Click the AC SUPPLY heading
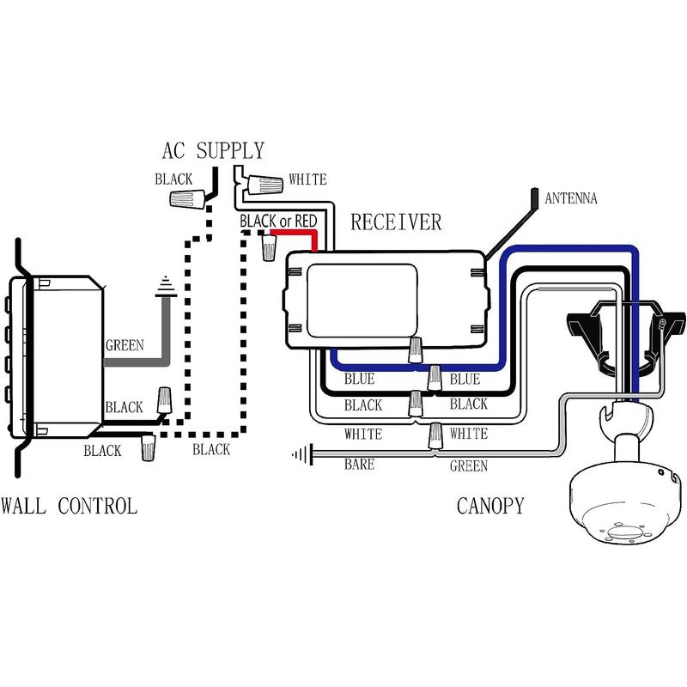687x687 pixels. (x=213, y=151)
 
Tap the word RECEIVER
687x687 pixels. (x=396, y=222)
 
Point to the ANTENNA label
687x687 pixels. (x=570, y=198)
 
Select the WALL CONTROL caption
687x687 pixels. (x=70, y=506)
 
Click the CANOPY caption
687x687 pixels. (x=490, y=506)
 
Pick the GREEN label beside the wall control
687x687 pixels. (x=125, y=345)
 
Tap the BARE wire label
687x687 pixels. (x=359, y=464)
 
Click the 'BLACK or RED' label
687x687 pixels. (x=278, y=222)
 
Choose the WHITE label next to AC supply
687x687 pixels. (x=307, y=179)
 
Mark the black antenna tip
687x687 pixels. (x=534, y=198)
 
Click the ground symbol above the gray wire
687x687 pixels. (x=166, y=287)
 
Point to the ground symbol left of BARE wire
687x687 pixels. (x=303, y=454)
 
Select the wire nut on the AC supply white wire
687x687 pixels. (x=264, y=184)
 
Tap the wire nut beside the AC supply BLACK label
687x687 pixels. (x=187, y=199)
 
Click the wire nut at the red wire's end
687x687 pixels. (x=269, y=247)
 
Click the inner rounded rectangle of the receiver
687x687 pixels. (x=362, y=301)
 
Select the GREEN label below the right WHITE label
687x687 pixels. (x=468, y=465)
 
